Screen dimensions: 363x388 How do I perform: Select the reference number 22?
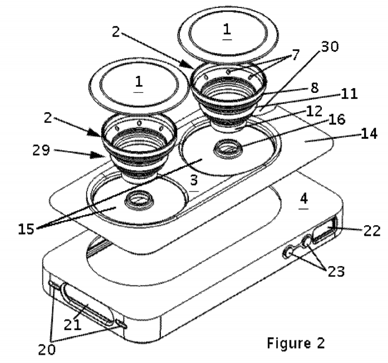click(370, 230)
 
